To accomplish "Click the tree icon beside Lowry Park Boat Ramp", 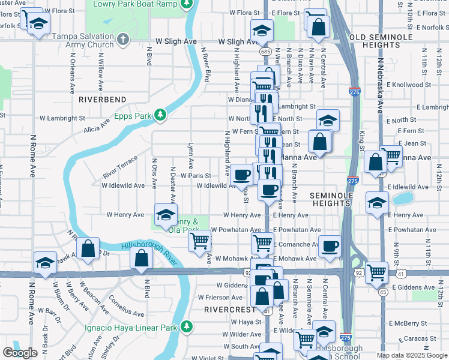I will pos(187,4).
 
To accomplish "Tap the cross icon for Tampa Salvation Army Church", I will pos(122,40).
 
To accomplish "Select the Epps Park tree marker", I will pos(160,114).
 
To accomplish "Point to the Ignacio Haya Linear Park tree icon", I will pos(187,327).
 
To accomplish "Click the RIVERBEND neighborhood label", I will pos(102,99).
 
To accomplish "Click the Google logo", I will pos(20,353).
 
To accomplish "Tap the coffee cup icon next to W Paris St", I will pos(242,175).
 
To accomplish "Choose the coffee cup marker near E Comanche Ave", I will pos(330,246).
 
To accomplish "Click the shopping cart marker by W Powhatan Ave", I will pos(199,241).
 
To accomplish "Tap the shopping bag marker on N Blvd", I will pos(141,258).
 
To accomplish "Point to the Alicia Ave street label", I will pos(97,126).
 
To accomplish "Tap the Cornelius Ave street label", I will pos(126,307).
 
